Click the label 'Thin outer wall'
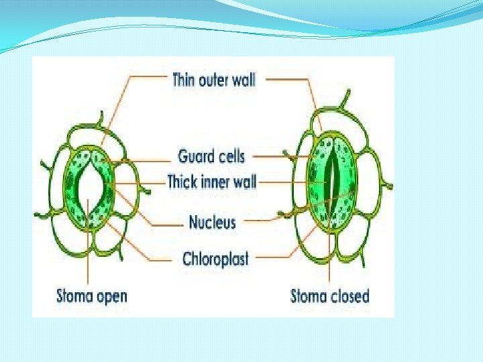214,80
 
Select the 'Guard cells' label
211,157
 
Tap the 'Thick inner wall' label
211,181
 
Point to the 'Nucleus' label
212,222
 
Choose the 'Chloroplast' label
215,259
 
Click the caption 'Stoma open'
91,296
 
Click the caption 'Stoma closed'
329,296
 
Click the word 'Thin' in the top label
185,80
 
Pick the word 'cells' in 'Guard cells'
228,157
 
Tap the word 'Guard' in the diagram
193,157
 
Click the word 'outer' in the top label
213,80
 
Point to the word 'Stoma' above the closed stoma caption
307,296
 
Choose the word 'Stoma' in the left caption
75,296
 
